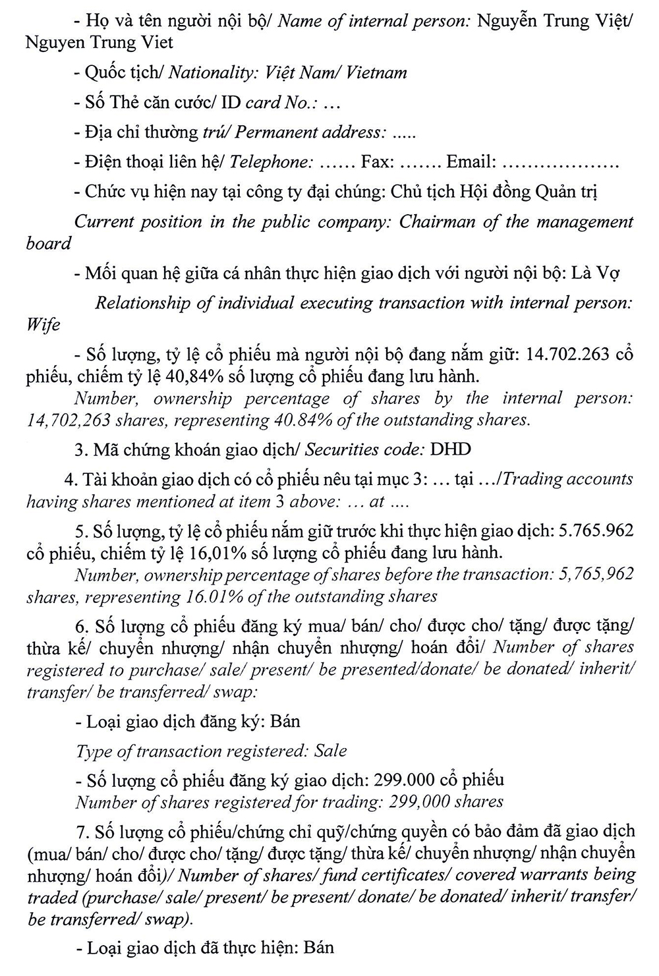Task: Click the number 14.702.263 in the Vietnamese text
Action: (567, 355)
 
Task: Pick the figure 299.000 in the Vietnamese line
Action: (402, 780)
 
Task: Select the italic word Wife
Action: (43, 325)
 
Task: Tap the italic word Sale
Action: (330, 751)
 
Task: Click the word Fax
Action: (376, 162)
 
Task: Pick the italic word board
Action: (49, 244)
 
